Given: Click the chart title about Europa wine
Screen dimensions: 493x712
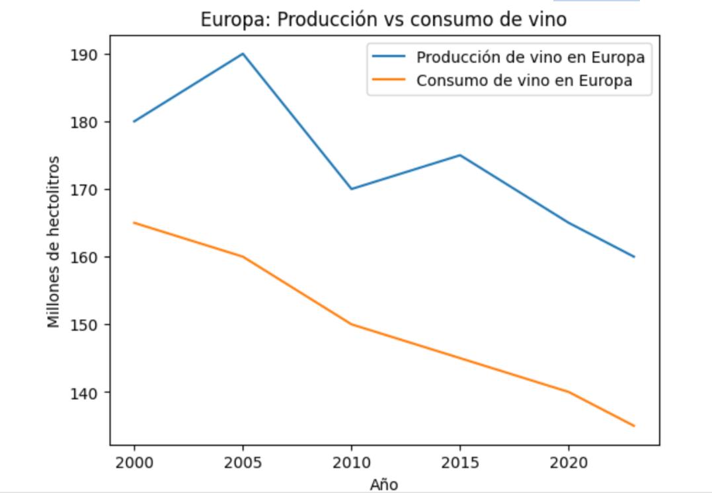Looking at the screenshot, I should click(x=383, y=20).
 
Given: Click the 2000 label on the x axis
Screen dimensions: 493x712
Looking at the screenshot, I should click(x=134, y=463).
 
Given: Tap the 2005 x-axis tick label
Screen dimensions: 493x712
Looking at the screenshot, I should click(x=243, y=463).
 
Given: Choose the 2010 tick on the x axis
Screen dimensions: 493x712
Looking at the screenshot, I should click(x=351, y=463).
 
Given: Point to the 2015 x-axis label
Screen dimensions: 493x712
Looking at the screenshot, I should click(x=459, y=463).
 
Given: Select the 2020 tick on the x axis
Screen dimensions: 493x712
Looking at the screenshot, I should click(x=568, y=463).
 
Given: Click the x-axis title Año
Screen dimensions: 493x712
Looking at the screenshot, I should click(x=383, y=484).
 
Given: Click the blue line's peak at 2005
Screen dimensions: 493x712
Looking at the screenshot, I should click(x=243, y=54).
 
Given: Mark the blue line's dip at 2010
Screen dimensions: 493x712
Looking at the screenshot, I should click(x=351, y=189).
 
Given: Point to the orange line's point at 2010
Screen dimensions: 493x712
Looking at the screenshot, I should click(x=351, y=324).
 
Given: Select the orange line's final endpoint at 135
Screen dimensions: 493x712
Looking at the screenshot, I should click(x=634, y=426).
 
